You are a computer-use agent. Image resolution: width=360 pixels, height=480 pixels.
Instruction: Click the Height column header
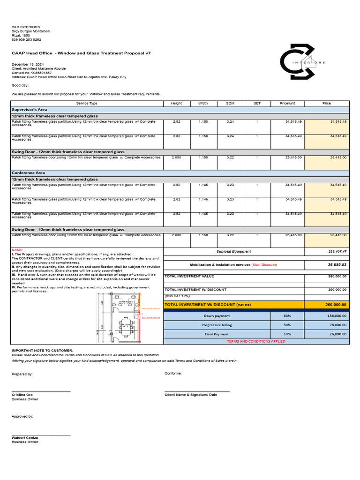176,103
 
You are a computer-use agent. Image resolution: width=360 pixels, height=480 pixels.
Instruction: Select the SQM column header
230,103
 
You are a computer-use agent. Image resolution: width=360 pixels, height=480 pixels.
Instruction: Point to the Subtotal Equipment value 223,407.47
337,252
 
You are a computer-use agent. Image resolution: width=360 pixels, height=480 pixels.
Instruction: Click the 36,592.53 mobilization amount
337,265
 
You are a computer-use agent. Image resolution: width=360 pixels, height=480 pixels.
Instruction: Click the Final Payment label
217,334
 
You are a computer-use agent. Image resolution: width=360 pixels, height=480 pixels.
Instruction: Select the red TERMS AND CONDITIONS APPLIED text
256,342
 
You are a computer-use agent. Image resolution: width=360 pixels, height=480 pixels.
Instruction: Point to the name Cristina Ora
22,395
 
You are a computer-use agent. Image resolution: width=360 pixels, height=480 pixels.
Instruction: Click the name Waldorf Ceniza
25,438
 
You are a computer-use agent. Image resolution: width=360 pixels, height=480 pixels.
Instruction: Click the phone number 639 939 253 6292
26,40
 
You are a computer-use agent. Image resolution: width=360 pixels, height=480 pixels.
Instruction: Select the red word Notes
17,250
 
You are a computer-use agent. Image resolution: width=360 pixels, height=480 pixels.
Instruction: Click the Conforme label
173,374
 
